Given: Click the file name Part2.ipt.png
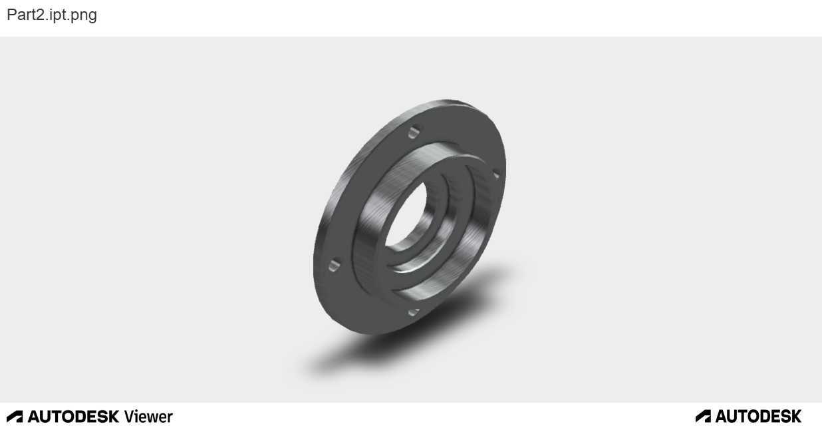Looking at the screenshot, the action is pos(52,15).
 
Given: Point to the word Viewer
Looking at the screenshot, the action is pos(148,417).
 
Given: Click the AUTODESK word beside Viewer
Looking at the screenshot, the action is pos(73,417).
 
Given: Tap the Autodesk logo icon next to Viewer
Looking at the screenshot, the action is pos(15,417).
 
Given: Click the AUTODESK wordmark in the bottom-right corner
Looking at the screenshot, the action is pos(758,417).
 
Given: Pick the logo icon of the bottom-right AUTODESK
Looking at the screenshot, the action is pos(703,417).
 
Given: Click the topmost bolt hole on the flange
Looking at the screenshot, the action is pos(414,132).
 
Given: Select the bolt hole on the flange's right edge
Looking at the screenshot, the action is pos(496,174).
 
